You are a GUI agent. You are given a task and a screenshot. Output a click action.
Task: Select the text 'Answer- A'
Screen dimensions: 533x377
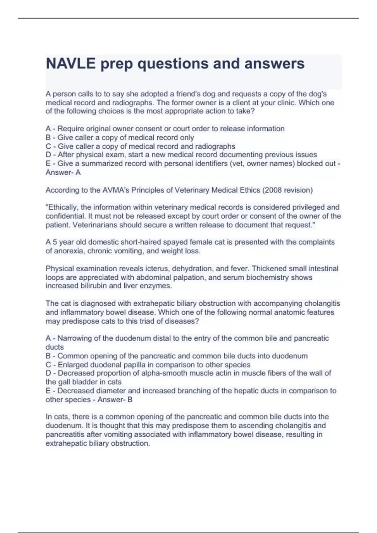tap(63, 172)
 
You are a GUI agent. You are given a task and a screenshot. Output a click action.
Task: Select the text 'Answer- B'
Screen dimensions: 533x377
tap(115, 400)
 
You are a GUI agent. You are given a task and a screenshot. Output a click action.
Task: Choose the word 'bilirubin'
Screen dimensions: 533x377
tap(91, 286)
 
